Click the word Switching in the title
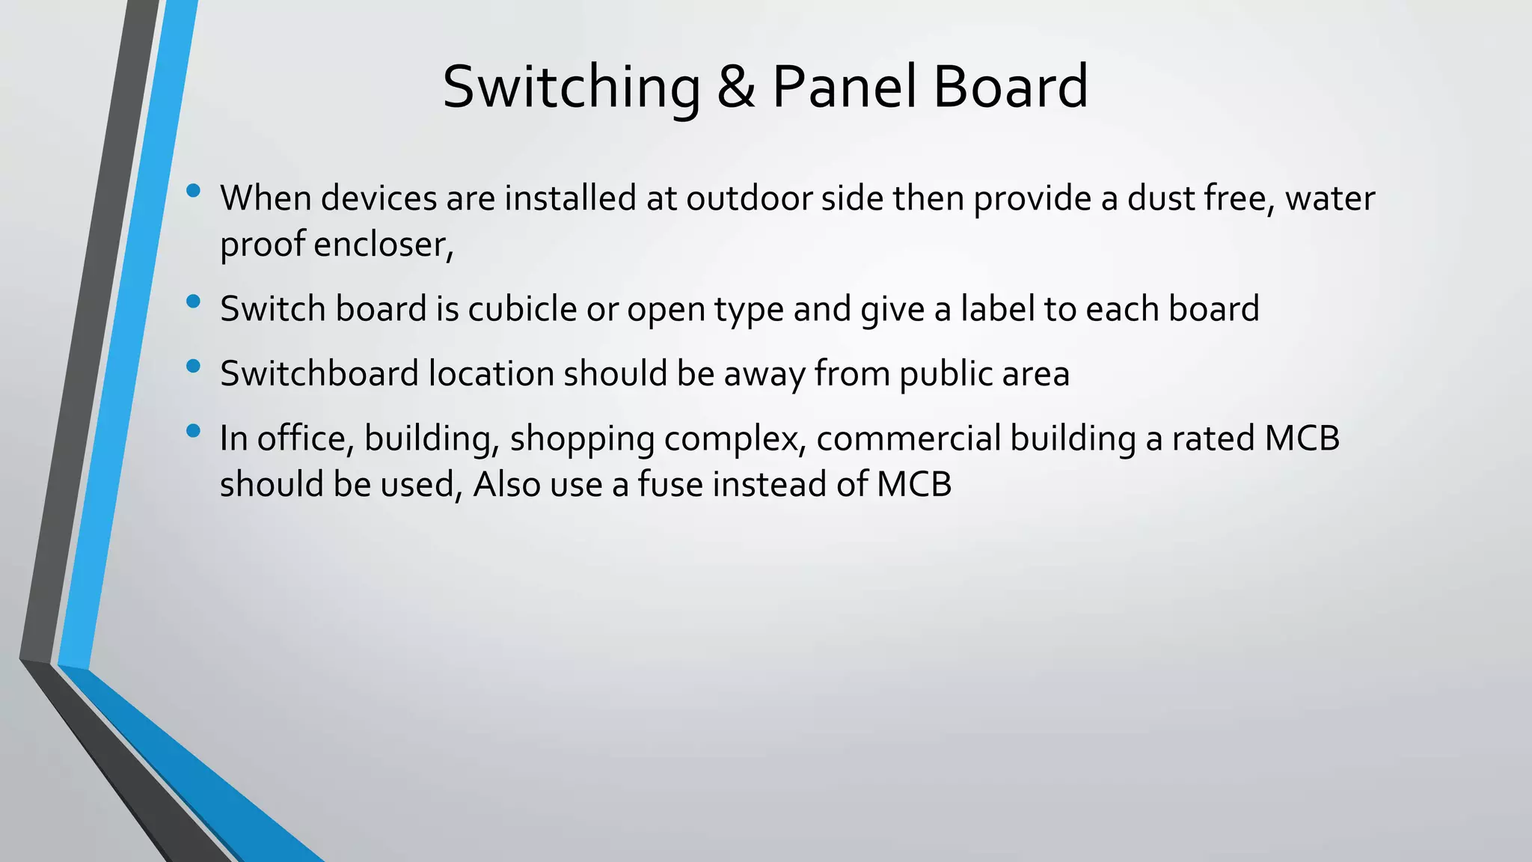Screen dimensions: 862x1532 572,88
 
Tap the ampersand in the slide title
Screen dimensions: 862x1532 736,87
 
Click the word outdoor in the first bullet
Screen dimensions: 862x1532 749,198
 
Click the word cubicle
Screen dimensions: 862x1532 522,309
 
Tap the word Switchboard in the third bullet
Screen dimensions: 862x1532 319,373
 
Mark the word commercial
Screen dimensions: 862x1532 908,438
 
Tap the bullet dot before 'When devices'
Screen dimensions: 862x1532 194,191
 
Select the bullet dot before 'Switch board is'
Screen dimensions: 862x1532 194,302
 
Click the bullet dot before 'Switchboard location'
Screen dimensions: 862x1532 194,366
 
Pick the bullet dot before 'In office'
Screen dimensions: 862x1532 194,431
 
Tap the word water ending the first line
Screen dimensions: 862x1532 1330,198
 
